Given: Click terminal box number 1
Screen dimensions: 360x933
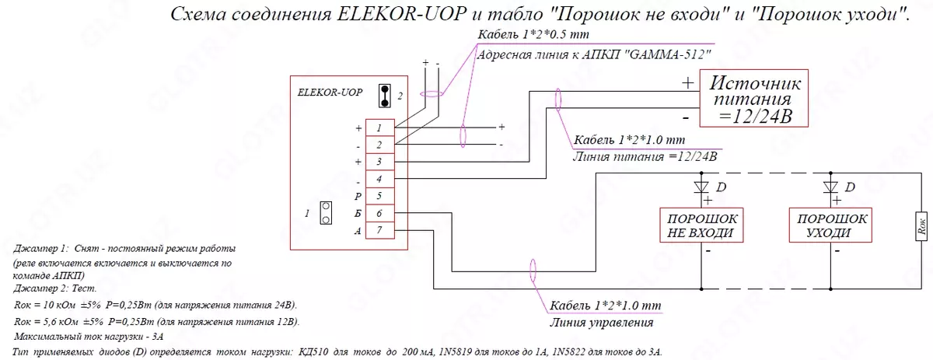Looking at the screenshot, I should pyautogui.click(x=378, y=128).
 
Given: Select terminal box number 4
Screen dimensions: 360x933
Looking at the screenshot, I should pyautogui.click(x=378, y=179).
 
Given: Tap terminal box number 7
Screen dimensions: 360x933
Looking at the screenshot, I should pyautogui.click(x=378, y=230).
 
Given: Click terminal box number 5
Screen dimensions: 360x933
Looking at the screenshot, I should pyautogui.click(x=378, y=196).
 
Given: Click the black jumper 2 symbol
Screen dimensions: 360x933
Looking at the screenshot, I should pyautogui.click(x=383, y=96).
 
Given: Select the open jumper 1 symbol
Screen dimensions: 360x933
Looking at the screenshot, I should pyautogui.click(x=327, y=213).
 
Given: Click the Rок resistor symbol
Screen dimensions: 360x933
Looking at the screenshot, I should pyautogui.click(x=920, y=225).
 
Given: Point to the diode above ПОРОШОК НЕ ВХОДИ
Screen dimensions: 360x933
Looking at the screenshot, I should pyautogui.click(x=701, y=187).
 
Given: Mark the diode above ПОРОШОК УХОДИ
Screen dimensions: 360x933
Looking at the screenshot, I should pyautogui.click(x=830, y=187).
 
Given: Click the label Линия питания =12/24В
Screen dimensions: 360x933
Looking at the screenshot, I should pyautogui.click(x=643, y=156).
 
